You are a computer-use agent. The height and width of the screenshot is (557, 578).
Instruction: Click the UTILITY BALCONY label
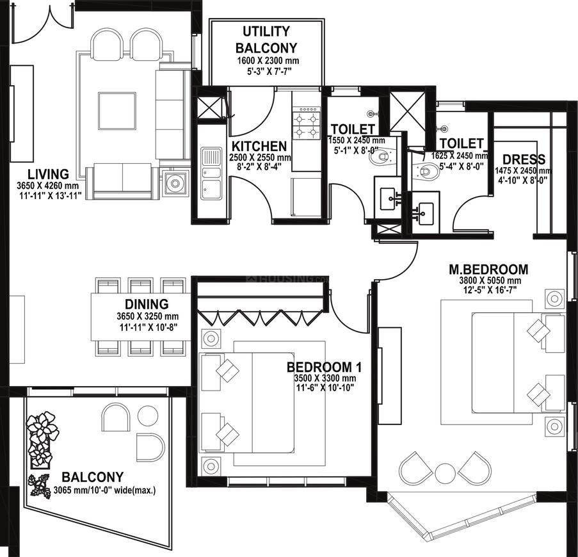tap(266, 40)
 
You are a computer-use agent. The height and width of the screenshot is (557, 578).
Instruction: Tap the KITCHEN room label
tap(259, 147)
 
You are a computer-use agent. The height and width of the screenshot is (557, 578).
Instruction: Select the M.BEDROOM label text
tap(488, 270)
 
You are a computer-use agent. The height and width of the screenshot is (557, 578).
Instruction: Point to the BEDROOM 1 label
tap(325, 367)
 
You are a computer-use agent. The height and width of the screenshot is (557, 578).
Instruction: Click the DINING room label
tap(147, 304)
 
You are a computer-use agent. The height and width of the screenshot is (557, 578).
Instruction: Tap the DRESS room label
tap(524, 159)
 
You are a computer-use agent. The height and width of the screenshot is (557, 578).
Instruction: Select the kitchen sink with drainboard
tap(211, 173)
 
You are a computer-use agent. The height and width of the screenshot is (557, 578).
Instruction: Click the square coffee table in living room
tap(117, 111)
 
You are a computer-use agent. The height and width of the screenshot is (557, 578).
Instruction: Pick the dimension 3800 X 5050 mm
tap(490, 280)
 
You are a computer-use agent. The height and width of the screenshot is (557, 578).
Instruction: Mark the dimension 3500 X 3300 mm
tap(325, 378)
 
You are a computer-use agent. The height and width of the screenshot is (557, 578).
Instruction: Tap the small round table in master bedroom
tap(445, 473)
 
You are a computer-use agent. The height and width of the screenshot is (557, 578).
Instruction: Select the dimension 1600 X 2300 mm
tap(268, 61)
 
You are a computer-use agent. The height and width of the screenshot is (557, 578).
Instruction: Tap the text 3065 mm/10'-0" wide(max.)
tap(105, 490)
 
